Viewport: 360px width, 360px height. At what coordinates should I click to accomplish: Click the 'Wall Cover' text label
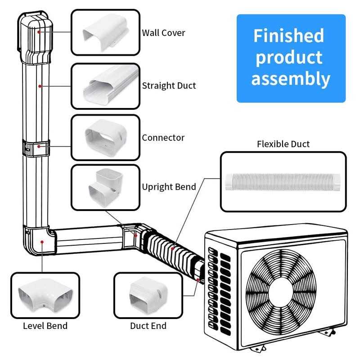(163, 33)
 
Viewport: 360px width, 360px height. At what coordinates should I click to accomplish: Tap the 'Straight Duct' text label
(169, 85)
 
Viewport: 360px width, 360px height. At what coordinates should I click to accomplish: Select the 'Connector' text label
(163, 138)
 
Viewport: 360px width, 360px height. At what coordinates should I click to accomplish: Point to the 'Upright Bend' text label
(169, 187)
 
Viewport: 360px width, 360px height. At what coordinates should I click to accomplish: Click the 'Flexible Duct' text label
(283, 144)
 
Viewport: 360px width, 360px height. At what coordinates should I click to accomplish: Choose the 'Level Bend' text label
(45, 325)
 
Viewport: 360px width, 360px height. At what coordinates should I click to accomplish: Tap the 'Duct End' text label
(148, 325)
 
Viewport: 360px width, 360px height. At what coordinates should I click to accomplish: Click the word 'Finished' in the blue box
(288, 36)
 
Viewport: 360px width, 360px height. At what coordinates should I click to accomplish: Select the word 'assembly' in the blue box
(290, 79)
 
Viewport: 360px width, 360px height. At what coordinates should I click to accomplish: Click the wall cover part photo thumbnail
(105, 32)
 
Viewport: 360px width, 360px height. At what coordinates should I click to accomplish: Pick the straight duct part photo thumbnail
(105, 86)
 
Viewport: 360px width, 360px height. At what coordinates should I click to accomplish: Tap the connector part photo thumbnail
(105, 137)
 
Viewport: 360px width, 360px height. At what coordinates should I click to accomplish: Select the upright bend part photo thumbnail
(105, 187)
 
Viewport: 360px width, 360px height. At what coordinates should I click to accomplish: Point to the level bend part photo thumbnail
(45, 296)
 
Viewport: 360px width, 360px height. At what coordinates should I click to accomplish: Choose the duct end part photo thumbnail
(148, 296)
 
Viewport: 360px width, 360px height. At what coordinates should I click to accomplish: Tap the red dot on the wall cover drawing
(40, 31)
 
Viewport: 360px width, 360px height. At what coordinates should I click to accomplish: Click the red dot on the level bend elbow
(42, 242)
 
